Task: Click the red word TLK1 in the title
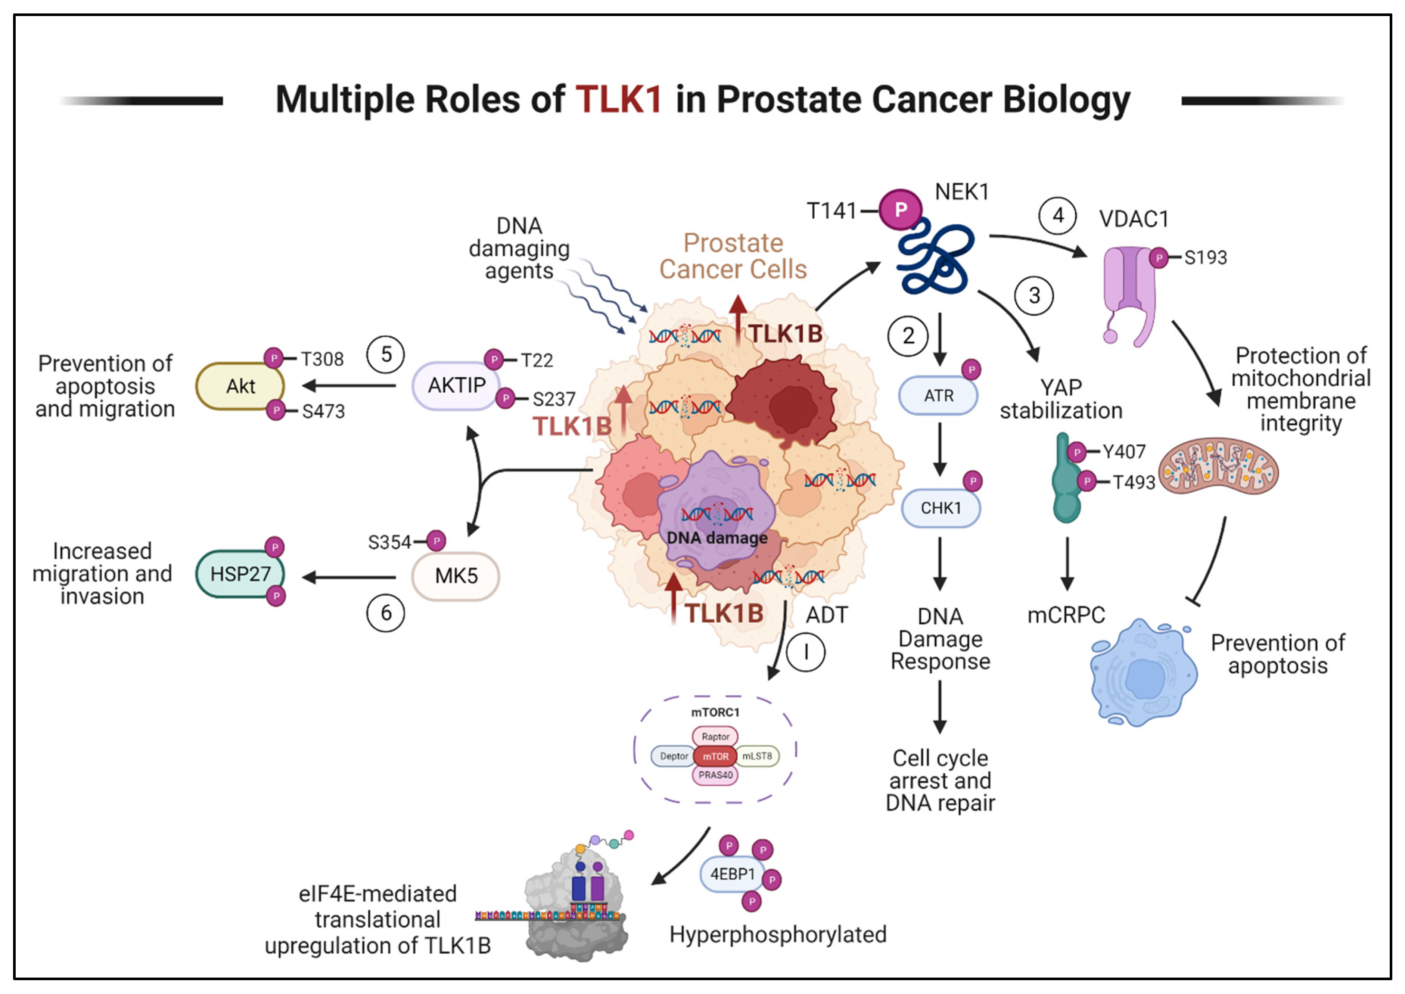pos(618,99)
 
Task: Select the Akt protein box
pos(240,386)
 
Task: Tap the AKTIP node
pos(456,386)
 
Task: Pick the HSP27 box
pos(240,573)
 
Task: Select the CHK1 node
pos(941,508)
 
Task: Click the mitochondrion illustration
pos(1218,467)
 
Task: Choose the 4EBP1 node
pos(732,874)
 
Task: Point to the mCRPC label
pos(1066,614)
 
